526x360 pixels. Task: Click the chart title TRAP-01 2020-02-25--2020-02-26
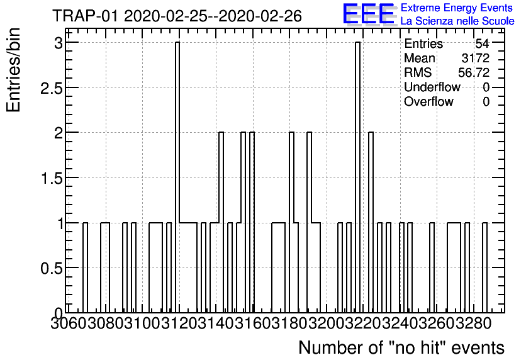click(x=177, y=15)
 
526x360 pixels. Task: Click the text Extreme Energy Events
click(x=456, y=8)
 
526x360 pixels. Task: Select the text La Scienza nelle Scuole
click(x=457, y=21)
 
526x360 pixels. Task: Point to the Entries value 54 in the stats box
click(x=482, y=44)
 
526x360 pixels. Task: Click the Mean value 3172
click(x=475, y=59)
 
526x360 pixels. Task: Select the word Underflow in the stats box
click(x=432, y=87)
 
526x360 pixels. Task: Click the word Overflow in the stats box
click(x=428, y=102)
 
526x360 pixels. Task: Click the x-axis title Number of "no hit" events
click(x=401, y=347)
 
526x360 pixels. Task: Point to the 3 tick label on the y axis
click(x=58, y=43)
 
